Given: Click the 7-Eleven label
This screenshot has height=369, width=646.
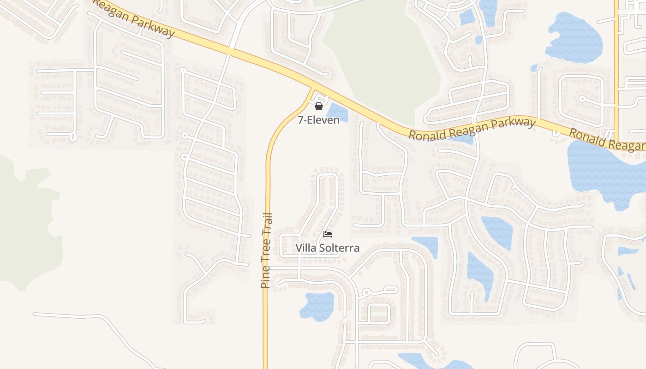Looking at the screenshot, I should [x=318, y=120].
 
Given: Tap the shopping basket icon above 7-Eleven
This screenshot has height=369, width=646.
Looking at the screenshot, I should [x=318, y=107].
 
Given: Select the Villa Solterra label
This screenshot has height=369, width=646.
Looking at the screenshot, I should [x=328, y=248].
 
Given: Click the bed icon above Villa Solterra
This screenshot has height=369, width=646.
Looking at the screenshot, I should [x=328, y=234].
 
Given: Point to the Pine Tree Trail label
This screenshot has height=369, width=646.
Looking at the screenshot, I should [x=266, y=250].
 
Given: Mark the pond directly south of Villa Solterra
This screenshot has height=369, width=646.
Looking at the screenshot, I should [x=317, y=306].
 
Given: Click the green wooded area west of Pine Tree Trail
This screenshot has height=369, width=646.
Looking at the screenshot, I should [x=28, y=221].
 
